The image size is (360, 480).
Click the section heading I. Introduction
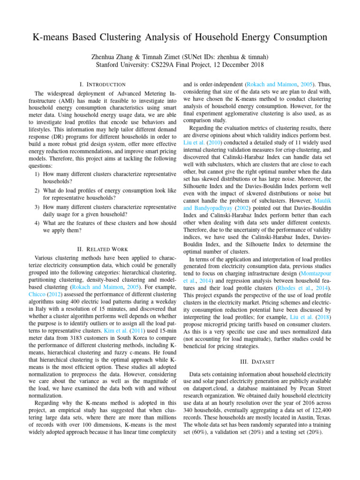[x=103, y=84]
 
